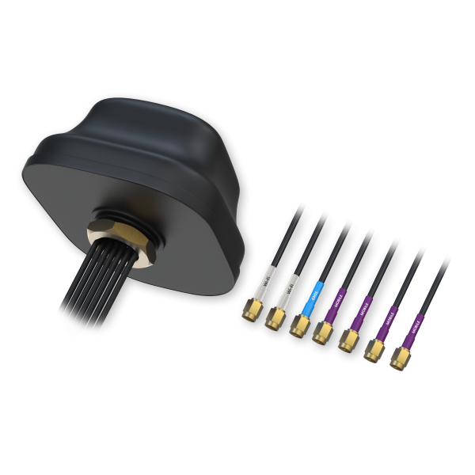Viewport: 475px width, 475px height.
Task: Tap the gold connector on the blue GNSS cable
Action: click(298, 323)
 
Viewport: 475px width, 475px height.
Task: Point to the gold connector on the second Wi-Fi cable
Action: click(275, 318)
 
